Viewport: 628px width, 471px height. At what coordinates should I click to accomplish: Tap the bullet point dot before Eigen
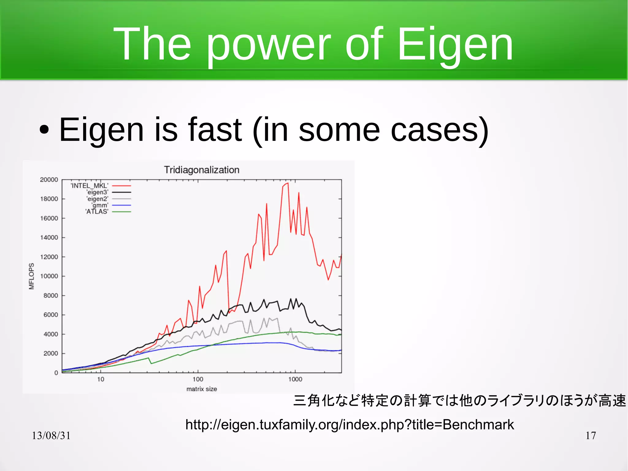coord(44,130)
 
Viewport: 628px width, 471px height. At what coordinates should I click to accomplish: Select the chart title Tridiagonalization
coord(201,170)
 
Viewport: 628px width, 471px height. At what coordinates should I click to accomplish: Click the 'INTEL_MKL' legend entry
coord(90,186)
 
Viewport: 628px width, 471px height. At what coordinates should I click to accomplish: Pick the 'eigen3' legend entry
coord(97,192)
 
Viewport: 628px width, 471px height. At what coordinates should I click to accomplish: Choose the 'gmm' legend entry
coord(100,205)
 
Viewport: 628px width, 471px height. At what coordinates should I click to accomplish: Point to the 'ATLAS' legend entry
coord(97,212)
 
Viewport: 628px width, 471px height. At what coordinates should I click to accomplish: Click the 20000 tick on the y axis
coord(49,180)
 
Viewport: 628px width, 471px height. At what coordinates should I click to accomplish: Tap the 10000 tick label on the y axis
coord(49,276)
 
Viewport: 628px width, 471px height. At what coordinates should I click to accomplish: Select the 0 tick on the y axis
coord(56,373)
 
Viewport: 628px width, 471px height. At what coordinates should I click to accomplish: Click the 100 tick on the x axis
coord(198,379)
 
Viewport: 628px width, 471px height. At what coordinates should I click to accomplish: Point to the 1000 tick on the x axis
coord(295,379)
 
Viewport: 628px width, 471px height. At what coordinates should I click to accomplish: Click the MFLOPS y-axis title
coord(31,276)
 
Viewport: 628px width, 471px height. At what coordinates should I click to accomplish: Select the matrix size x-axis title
coord(201,389)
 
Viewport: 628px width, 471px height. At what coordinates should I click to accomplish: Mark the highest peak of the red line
coord(288,183)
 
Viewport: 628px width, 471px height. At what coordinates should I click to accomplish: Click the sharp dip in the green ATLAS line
coord(151,364)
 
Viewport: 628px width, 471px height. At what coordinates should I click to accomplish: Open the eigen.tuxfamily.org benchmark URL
coord(350,425)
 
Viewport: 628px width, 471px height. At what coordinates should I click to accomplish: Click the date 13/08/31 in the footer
coord(51,435)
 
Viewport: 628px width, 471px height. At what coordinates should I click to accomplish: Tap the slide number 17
coord(591,435)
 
